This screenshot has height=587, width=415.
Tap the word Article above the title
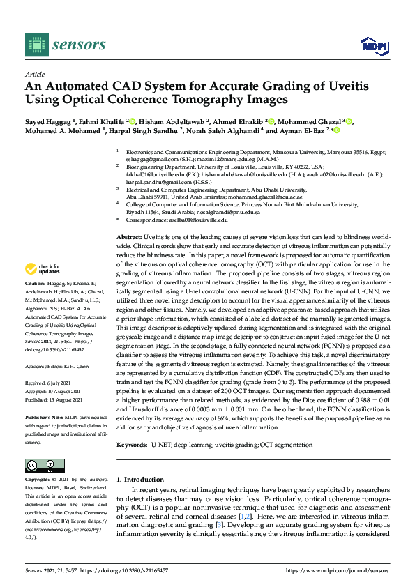pyautogui.click(x=34, y=73)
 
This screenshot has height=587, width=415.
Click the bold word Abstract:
pyautogui.click(x=129, y=238)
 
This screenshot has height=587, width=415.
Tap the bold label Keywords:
pyautogui.click(x=133, y=444)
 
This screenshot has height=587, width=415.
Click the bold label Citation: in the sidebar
pyautogui.click(x=36, y=284)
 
